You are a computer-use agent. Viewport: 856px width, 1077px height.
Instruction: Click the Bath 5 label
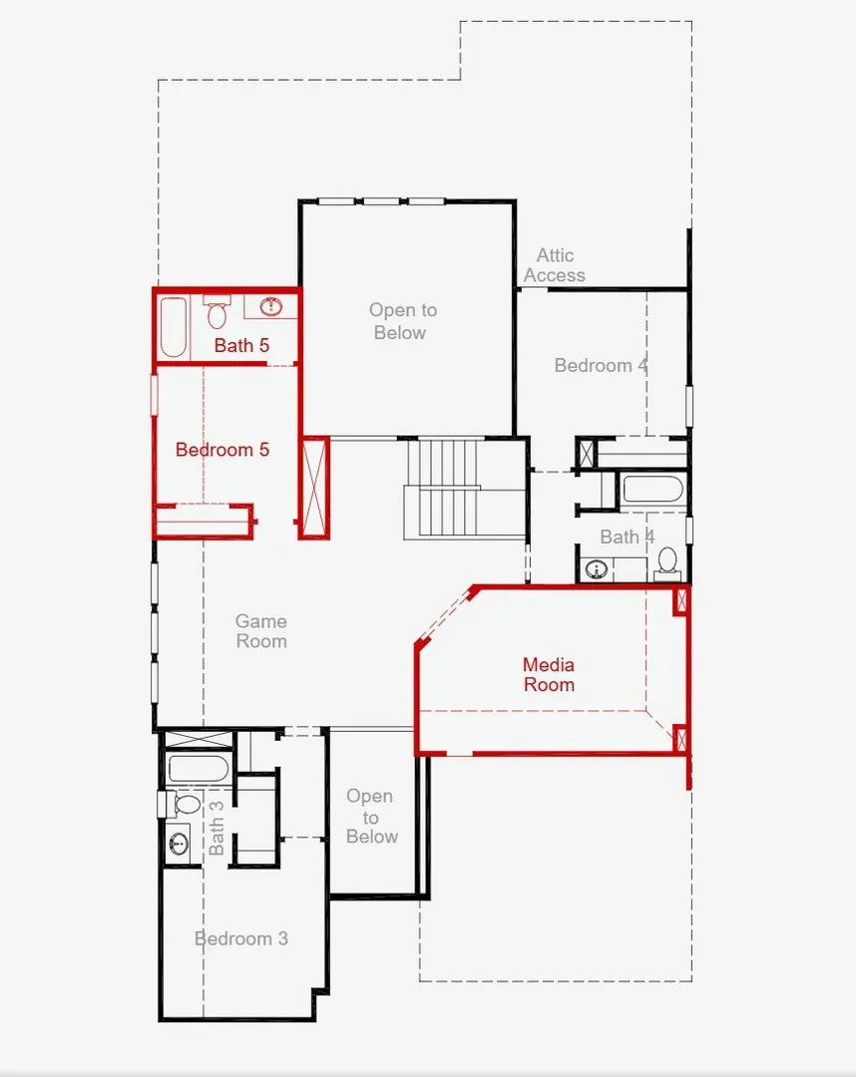[241, 345]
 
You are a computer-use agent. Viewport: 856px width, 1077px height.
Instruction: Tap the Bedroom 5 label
[221, 449]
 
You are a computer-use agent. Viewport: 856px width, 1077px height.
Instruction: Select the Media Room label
[549, 674]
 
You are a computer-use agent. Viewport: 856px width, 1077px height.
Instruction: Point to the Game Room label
[261, 630]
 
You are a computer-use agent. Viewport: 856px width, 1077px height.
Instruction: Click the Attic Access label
[555, 265]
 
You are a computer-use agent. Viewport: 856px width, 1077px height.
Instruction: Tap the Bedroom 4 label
[601, 365]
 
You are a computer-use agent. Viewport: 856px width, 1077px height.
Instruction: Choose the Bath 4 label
[628, 537]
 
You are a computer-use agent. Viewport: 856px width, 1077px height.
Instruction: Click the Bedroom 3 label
[241, 938]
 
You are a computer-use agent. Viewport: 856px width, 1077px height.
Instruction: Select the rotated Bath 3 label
[215, 828]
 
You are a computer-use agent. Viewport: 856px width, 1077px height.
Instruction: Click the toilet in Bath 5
[217, 312]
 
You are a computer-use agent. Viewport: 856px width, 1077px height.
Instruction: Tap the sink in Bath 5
[272, 306]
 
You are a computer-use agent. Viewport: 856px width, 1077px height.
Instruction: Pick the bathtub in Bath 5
[174, 328]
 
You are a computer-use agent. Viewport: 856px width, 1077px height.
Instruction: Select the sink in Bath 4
[597, 568]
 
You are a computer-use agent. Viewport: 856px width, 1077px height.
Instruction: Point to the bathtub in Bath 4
[652, 490]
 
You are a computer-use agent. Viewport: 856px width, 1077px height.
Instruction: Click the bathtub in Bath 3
[198, 769]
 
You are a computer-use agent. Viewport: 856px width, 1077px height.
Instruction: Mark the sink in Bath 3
[180, 843]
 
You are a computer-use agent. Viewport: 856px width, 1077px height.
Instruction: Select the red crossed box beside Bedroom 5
[314, 487]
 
